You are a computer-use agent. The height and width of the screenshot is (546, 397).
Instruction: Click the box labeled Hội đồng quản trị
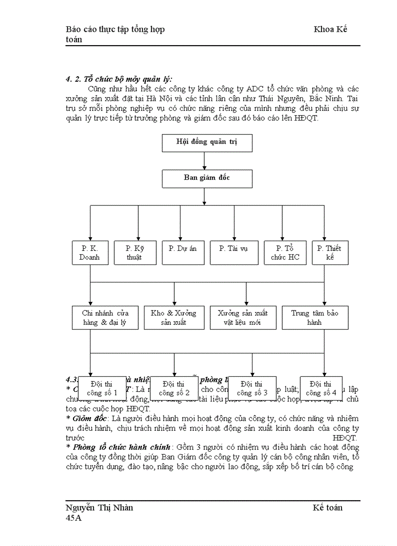click(x=207, y=142)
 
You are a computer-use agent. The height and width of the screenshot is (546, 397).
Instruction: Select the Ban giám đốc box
click(x=207, y=178)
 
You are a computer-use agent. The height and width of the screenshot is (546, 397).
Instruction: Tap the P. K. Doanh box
click(x=90, y=252)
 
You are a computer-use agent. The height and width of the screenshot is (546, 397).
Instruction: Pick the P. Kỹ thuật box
click(x=134, y=252)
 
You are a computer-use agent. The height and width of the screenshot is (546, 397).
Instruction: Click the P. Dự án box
click(x=182, y=252)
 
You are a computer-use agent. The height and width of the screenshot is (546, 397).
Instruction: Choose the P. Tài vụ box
click(x=234, y=252)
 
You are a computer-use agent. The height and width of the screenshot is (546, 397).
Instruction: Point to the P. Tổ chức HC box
click(x=285, y=252)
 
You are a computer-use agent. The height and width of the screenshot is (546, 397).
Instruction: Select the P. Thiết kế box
click(x=329, y=252)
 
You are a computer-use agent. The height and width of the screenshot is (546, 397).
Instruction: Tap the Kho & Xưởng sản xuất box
click(x=174, y=317)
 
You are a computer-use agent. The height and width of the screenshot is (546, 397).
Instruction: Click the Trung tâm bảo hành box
click(x=315, y=317)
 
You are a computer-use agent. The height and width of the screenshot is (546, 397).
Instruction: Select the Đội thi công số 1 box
click(x=102, y=388)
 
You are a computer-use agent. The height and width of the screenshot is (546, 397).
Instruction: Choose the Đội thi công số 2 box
click(x=174, y=388)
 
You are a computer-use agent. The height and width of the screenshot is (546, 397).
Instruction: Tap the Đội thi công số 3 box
click(x=252, y=388)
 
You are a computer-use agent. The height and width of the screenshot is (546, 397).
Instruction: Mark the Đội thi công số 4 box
click(x=321, y=388)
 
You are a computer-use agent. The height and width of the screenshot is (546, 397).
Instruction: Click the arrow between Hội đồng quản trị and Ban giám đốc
click(x=204, y=160)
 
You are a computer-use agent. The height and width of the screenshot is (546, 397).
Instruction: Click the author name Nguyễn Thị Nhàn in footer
click(x=99, y=508)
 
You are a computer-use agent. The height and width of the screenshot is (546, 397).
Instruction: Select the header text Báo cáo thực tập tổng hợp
click(x=115, y=29)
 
